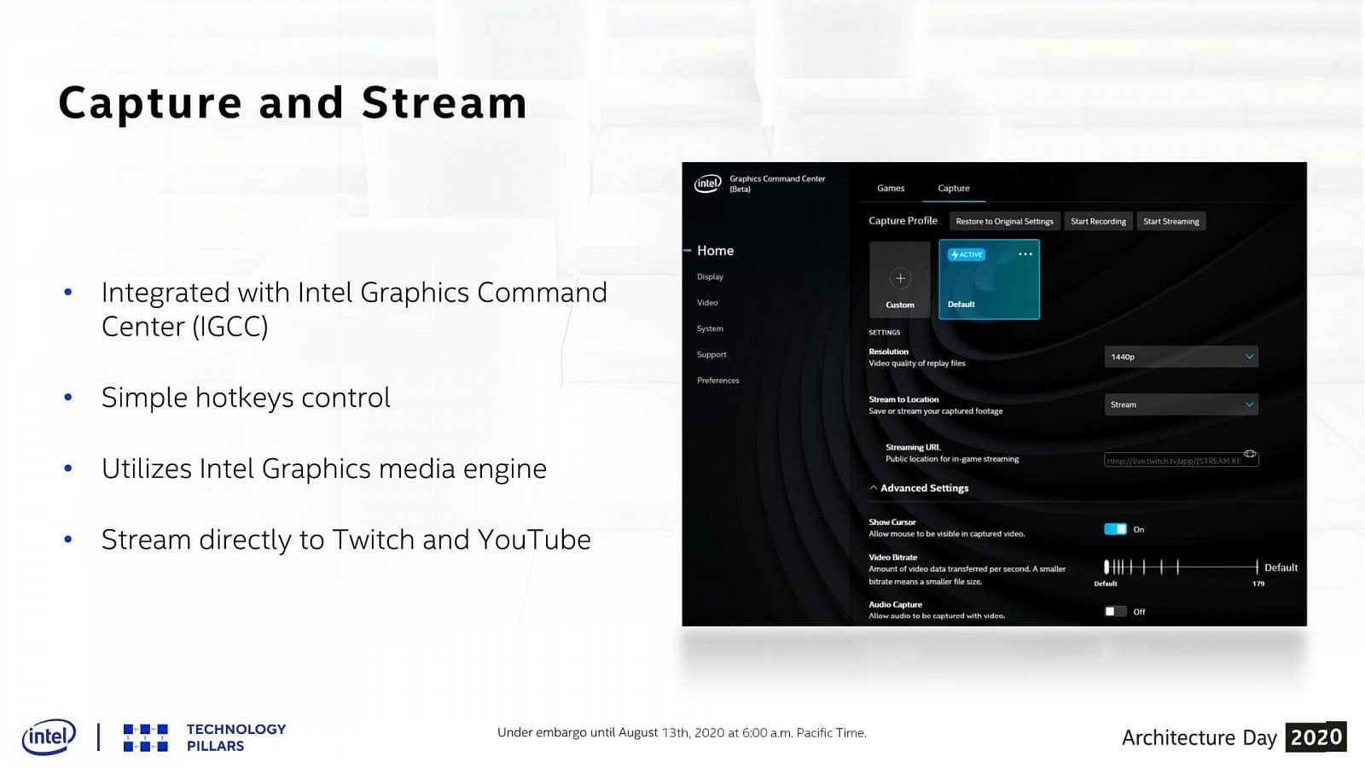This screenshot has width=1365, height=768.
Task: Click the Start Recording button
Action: [x=1098, y=221]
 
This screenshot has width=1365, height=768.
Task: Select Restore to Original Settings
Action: [x=1004, y=221]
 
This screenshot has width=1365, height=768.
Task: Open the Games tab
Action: [x=891, y=189]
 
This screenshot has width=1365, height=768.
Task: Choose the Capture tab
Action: [x=953, y=189]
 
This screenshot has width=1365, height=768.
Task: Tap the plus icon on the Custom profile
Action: [x=900, y=278]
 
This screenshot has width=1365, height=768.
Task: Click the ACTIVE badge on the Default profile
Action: [x=967, y=254]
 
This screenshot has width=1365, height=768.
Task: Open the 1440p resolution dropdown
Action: [x=1181, y=357]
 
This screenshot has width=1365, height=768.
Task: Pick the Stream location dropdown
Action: [x=1181, y=404]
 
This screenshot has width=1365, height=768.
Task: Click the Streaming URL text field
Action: [x=1174, y=461]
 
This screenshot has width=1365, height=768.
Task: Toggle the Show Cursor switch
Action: [x=1115, y=529]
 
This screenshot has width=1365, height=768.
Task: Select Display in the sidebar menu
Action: [x=710, y=277]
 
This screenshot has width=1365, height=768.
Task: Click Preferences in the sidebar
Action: [x=718, y=381]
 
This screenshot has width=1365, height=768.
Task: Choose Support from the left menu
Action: [x=712, y=355]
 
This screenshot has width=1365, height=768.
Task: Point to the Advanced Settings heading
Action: [x=924, y=488]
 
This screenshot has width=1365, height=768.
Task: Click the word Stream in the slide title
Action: [x=444, y=103]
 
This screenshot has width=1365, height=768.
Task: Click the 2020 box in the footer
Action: [x=1316, y=737]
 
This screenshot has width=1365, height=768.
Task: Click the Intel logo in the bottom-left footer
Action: [x=49, y=736]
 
